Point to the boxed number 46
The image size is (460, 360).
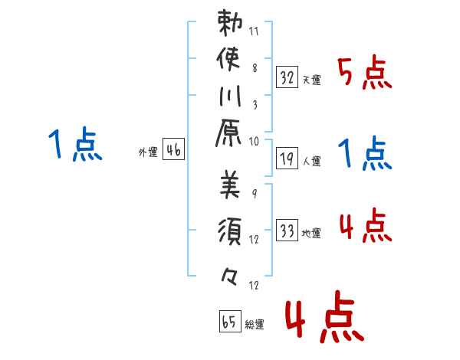(174, 151)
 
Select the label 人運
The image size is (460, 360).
(312, 162)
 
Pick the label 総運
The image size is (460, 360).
(255, 325)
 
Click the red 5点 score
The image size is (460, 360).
(366, 74)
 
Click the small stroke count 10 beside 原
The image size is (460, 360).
(255, 141)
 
